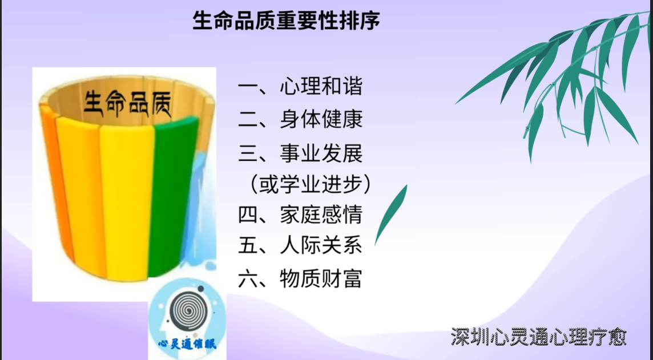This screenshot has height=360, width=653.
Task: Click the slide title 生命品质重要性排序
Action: [287, 21]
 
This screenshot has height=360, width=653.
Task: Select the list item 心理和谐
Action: [321, 87]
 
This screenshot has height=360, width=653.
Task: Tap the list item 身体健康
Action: [321, 119]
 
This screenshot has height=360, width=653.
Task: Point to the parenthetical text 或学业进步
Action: [311, 184]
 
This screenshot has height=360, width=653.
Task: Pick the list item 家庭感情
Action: [321, 215]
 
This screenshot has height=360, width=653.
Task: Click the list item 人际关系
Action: [321, 245]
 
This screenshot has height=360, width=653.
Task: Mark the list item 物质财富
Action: [321, 278]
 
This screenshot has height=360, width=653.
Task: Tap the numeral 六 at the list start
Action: [248, 278]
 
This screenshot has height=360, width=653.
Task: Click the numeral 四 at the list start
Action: [248, 215]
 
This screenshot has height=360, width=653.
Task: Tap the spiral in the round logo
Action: [188, 310]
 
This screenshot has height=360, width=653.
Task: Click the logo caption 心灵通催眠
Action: [187, 344]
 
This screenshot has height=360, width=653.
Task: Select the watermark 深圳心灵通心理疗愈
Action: [539, 337]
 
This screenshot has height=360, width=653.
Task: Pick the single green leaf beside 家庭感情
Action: [390, 215]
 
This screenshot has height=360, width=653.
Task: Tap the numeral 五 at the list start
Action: [248, 245]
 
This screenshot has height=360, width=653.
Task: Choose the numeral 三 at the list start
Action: [248, 153]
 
